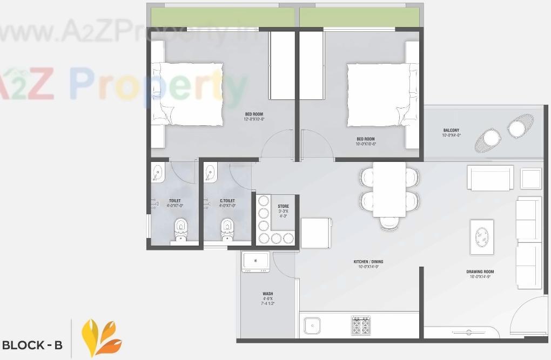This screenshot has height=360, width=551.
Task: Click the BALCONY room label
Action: coord(451,130)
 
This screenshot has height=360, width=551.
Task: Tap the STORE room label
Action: coord(283,206)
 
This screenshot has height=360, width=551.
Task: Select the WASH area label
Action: coord(267,294)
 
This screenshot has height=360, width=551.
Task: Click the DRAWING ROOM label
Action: coord(480,271)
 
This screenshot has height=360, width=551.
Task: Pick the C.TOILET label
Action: coord(227,201)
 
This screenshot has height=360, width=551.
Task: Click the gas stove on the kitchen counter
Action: coord(361,325)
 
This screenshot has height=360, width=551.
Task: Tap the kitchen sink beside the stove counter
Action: coord(312,325)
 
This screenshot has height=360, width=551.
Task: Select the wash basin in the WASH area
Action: coord(256,262)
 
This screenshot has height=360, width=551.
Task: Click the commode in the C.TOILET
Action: coord(227,230)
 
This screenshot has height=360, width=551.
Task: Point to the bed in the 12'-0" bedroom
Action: coord(187,94)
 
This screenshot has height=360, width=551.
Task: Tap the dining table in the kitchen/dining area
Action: coord(389,189)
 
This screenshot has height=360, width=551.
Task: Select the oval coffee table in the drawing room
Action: coord(481,236)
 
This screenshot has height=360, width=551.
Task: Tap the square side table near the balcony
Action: coord(530,179)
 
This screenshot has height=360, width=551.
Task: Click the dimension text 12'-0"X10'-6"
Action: coord(254,119)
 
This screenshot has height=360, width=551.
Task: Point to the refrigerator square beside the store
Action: coord(316,233)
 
